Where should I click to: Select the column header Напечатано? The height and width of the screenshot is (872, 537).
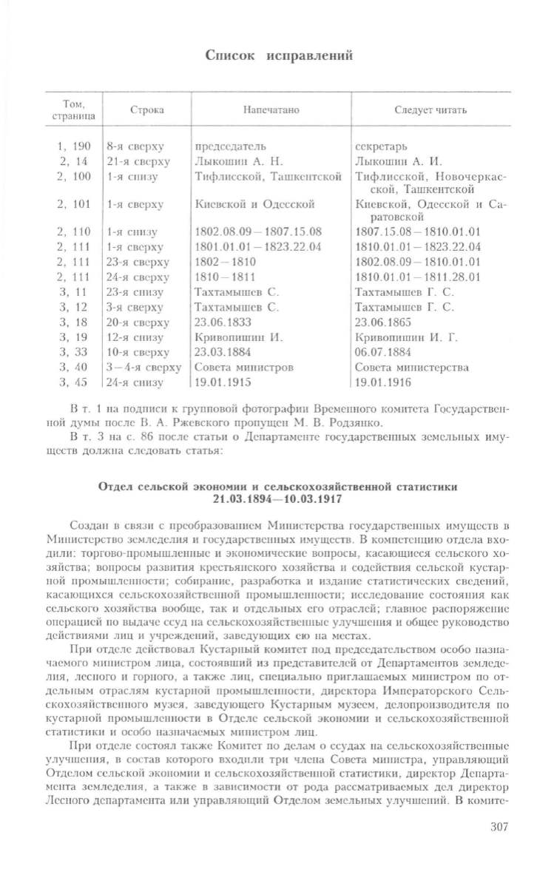271,110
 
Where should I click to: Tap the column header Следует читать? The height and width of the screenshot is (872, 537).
430,110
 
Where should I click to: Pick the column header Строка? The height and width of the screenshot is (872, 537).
146,110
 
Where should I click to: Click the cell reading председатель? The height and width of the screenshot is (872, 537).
230,146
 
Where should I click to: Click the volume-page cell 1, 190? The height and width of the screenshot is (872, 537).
73,146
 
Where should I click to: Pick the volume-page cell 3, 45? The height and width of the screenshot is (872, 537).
73,382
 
